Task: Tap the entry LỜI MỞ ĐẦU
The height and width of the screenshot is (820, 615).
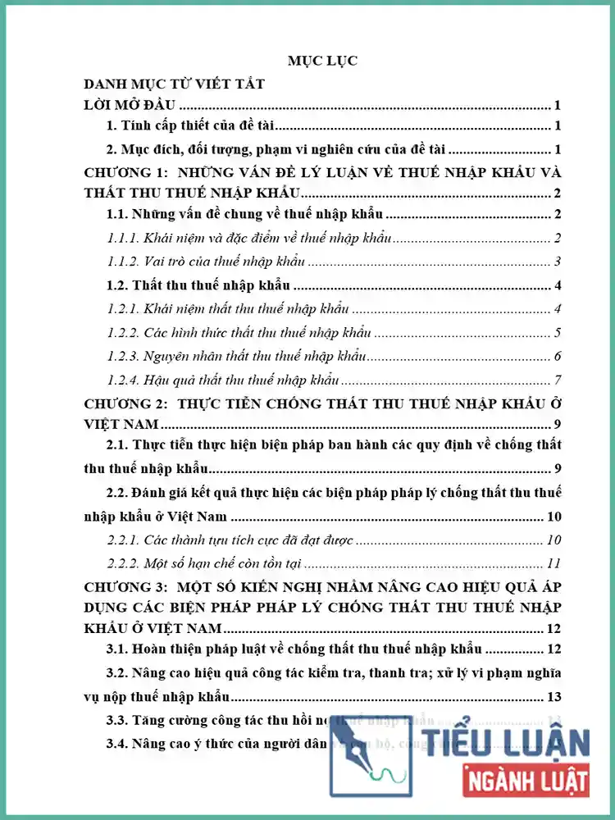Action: [131, 105]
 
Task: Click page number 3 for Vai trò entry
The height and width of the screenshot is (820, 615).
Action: [557, 262]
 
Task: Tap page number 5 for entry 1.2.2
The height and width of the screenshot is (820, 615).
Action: [557, 333]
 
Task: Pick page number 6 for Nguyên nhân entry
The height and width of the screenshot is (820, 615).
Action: [557, 357]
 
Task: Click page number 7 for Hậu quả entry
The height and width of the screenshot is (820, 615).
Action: [557, 380]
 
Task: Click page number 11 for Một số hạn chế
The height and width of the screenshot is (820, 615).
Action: [553, 563]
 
